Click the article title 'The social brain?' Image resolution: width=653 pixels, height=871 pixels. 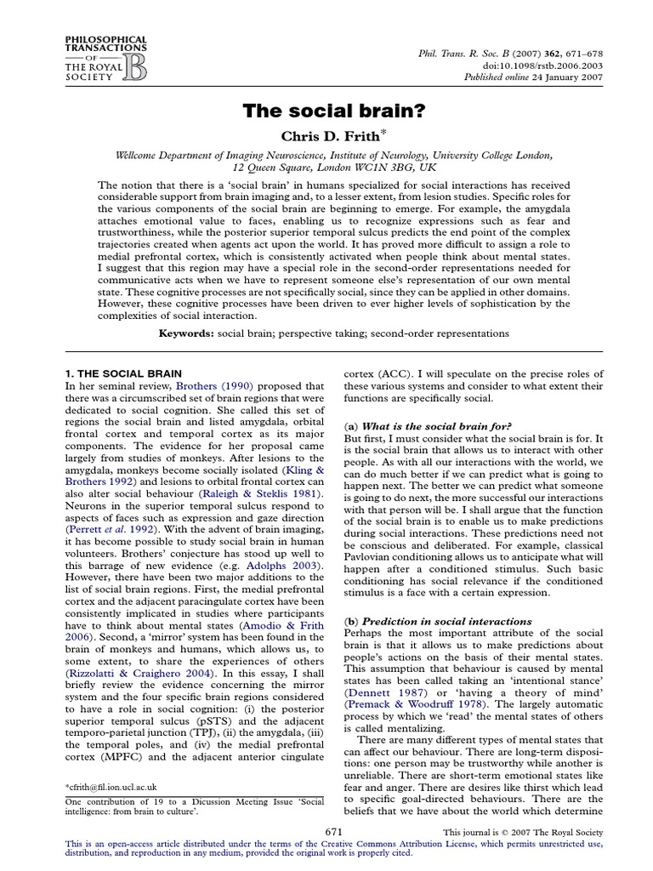(326, 111)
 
